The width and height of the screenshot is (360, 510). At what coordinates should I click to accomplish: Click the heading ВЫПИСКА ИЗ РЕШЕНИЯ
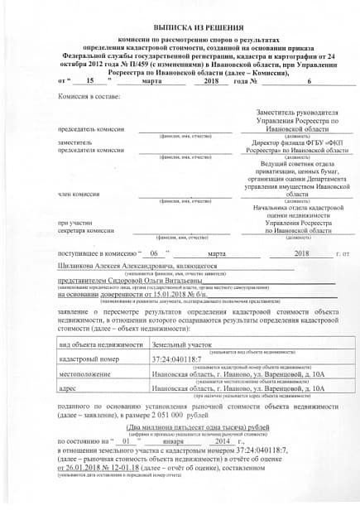[180, 27]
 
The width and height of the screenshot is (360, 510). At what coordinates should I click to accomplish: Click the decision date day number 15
[89, 82]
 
